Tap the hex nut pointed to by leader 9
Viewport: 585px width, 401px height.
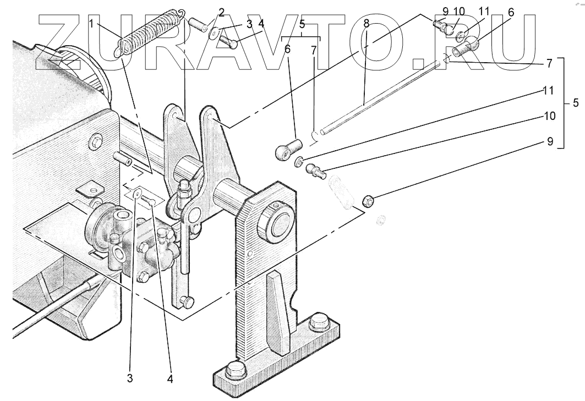(369, 202)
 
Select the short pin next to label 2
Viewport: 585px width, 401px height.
(199, 24)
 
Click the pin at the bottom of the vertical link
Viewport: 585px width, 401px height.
(188, 301)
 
